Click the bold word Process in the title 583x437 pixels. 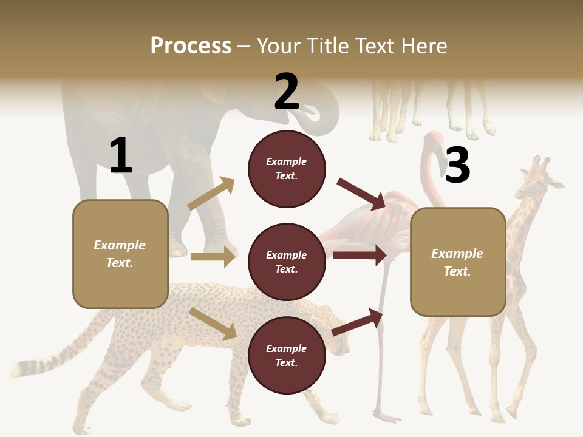[x=191, y=46]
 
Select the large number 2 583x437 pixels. [x=287, y=92]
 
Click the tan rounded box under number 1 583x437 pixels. [x=120, y=254]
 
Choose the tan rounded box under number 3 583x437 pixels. [x=458, y=262]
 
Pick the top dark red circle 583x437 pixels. [x=287, y=169]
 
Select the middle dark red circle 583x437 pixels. [x=287, y=262]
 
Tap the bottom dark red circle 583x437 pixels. [x=287, y=355]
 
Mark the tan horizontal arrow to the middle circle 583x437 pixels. [x=213, y=257]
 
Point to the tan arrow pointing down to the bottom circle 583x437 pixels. [x=213, y=324]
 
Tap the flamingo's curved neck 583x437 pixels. [x=432, y=164]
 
